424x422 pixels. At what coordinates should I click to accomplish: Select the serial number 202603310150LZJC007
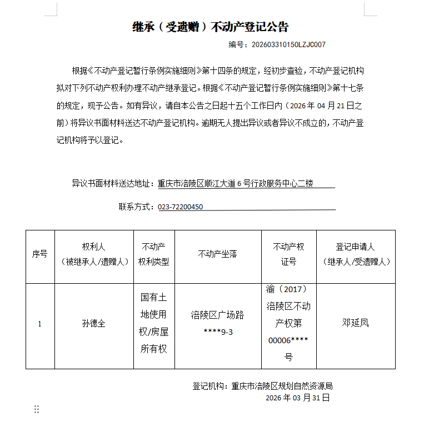[x=288, y=44]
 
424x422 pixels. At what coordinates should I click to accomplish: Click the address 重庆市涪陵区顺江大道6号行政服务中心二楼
[x=236, y=183]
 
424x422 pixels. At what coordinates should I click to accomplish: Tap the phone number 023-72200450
[x=181, y=207]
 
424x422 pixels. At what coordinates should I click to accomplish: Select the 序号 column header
[x=40, y=254]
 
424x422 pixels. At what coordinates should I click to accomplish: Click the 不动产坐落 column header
[x=217, y=254]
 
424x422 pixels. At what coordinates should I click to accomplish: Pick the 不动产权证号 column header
[x=288, y=254]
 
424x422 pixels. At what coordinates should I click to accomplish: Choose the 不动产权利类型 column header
[x=153, y=254]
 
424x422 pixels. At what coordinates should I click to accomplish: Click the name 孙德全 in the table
[x=93, y=323]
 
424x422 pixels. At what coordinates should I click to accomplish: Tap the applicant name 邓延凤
[x=355, y=323]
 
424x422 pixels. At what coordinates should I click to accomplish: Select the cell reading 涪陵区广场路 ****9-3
[x=217, y=323]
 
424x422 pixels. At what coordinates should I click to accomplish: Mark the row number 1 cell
[x=39, y=324]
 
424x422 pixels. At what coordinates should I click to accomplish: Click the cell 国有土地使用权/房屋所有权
[x=153, y=323]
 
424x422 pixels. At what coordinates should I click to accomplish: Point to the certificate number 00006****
[x=288, y=340]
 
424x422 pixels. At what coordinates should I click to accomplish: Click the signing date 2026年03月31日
[x=297, y=398]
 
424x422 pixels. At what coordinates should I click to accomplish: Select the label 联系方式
[x=136, y=207]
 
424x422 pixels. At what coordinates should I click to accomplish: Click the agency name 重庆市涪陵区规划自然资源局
[x=282, y=386]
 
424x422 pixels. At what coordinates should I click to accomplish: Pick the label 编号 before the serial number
[x=237, y=44]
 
